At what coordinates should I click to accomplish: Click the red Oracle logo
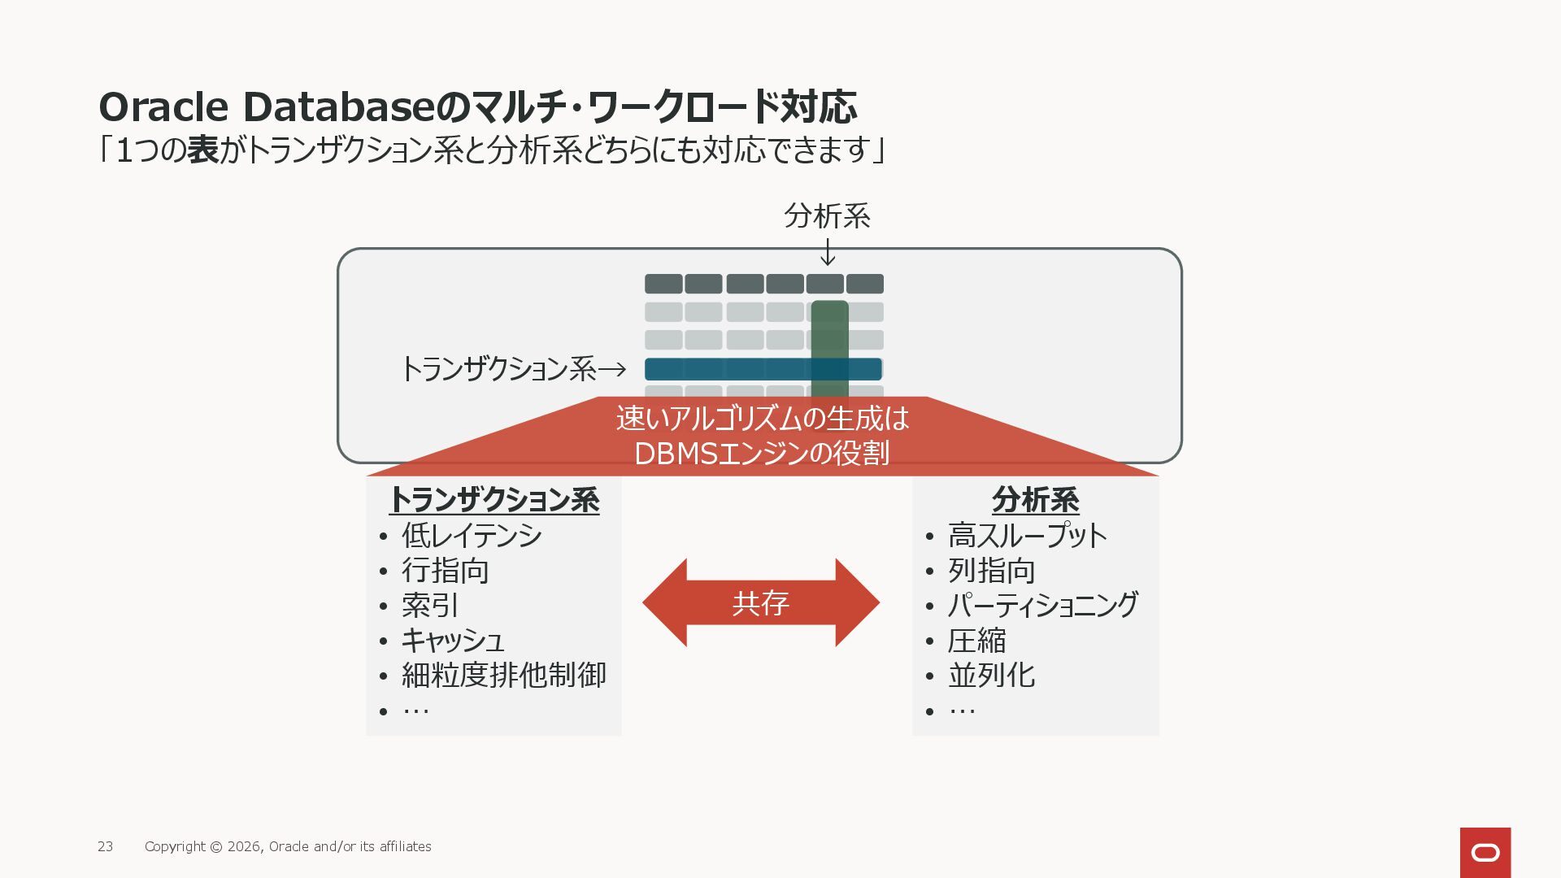pos(1485,852)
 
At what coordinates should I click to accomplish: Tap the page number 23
pos(106,846)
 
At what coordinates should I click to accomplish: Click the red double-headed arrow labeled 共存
pos(761,602)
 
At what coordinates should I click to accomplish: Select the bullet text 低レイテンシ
pos(472,536)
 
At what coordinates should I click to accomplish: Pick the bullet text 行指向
pos(445,571)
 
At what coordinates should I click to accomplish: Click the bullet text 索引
pos(430,606)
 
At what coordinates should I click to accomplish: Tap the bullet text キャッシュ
pos(453,641)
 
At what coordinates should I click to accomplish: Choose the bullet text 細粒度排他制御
pos(504,676)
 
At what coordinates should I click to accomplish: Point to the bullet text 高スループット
pos(1028,536)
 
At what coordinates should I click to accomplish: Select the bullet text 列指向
pos(991,571)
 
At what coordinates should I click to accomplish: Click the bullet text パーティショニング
pos(1043,606)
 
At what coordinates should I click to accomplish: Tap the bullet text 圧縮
pos(976,641)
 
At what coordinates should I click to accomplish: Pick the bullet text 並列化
pos(991,676)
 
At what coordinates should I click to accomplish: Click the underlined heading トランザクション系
pos(494,500)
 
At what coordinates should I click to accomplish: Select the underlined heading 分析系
pos(1035,500)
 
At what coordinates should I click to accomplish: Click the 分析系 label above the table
pos(827,216)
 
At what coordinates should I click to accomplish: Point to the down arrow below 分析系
pos(828,252)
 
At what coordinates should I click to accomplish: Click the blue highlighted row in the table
pos(732,369)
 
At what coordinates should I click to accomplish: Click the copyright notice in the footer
pos(288,846)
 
